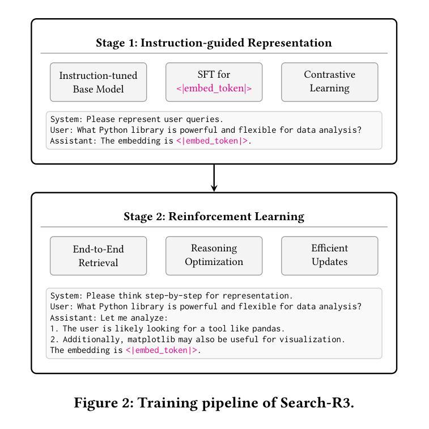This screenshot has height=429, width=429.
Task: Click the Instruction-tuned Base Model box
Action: click(x=98, y=82)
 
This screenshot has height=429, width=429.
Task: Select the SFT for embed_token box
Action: click(x=214, y=82)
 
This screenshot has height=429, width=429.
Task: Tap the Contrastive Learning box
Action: click(x=329, y=82)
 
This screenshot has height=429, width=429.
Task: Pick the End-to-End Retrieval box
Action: click(x=98, y=256)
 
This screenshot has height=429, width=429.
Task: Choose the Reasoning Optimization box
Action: click(x=214, y=255)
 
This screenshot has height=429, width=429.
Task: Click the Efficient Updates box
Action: click(x=329, y=255)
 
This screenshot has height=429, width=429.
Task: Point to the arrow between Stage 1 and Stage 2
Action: click(x=214, y=178)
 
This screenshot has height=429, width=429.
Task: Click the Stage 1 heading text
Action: click(x=214, y=43)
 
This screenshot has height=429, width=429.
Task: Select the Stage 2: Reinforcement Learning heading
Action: click(x=214, y=217)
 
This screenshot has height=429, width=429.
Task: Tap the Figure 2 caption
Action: click(x=214, y=403)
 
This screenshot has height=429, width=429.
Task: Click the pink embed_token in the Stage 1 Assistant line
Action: click(x=212, y=141)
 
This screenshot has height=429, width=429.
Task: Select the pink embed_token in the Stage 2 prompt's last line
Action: click(x=162, y=350)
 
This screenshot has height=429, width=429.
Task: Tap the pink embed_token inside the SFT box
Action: click(x=214, y=89)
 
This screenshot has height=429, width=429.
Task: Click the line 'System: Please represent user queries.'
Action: click(x=137, y=120)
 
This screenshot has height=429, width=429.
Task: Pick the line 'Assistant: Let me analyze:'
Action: click(x=109, y=318)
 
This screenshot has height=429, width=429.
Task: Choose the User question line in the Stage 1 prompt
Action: click(x=206, y=131)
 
